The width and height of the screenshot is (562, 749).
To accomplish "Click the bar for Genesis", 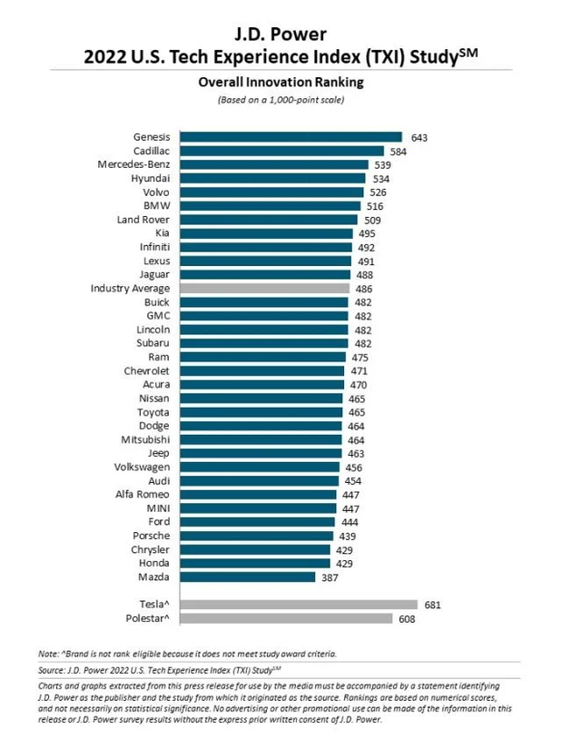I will pos(291,137).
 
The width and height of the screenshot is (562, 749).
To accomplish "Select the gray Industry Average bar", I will pos(264,288).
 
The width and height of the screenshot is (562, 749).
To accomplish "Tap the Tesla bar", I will pos(299,604).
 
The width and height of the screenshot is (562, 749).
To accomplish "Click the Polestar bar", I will pos(286,618).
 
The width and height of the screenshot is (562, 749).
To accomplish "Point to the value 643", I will pos(419,138).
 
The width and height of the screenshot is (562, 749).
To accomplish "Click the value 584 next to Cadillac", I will pos(398,151).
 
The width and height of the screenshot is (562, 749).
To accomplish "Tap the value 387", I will pos(331,577).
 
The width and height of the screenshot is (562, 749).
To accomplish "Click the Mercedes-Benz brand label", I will pos(134,164).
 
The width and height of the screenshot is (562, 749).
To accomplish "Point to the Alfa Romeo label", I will pos(142,494).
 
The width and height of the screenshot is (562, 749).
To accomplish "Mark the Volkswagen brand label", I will pos(139,467).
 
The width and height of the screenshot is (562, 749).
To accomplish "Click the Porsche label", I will pos(150,536).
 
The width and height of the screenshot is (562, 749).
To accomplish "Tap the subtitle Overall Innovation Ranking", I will pos(281,82).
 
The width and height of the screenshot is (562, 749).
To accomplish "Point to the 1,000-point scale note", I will pos(281,99).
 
